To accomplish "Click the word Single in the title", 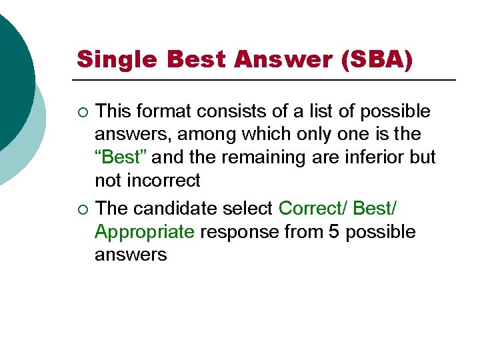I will [x=117, y=59].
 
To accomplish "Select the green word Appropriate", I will [x=145, y=232].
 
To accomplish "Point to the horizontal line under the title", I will [x=267, y=80].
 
